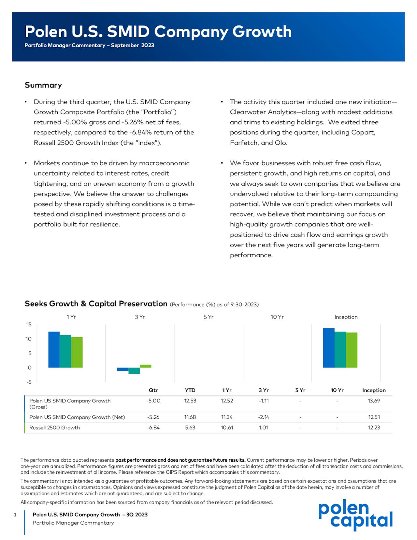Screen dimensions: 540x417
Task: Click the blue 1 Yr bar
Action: tap(54, 349)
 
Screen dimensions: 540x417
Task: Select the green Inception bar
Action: tap(352, 350)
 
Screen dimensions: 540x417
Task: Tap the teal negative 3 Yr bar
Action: tap(134, 371)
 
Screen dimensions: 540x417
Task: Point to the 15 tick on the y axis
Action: tap(29, 324)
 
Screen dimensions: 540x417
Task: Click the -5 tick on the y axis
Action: tap(29, 382)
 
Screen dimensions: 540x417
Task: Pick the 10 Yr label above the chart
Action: tap(277, 317)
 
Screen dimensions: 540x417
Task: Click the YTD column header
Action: tap(190, 390)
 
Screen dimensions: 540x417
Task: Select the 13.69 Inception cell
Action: tap(374, 401)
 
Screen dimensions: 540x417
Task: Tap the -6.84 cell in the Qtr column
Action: tap(153, 427)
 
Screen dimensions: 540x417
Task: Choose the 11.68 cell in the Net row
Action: tap(190, 417)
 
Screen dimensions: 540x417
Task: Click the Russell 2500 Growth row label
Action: tap(54, 427)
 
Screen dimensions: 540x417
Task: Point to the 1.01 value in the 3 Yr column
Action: tap(264, 427)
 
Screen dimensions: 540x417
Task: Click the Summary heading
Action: tap(43, 85)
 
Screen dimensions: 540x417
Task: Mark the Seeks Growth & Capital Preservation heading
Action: tap(96, 304)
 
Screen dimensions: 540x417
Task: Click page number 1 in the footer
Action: tap(15, 515)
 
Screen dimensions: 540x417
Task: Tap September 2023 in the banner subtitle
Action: tap(132, 45)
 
